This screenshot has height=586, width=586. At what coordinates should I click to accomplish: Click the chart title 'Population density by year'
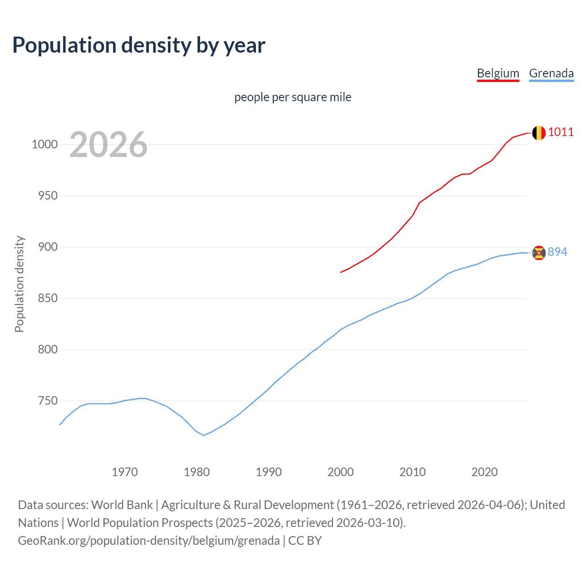coord(139,45)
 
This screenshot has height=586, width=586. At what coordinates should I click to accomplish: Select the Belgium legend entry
coord(498,73)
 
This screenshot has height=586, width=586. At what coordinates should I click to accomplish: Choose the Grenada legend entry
coord(551,73)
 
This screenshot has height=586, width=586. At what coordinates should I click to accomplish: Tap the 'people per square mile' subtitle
coord(293,97)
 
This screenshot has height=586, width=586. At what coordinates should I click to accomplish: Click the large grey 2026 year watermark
coord(109,145)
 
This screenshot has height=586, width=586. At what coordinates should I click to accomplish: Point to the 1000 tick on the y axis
coord(44,145)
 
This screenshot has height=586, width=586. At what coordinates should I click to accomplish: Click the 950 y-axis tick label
coord(47,196)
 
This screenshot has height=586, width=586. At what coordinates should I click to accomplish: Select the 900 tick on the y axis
coord(47,247)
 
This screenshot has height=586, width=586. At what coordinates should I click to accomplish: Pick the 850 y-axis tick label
coord(47,298)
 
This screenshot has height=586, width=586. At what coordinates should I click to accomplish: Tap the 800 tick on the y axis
coord(47,350)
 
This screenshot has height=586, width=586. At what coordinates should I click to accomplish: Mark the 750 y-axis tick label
coord(47,401)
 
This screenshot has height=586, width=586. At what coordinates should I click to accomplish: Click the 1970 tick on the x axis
coord(125,472)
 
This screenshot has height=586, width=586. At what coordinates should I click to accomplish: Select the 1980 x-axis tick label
coord(197,472)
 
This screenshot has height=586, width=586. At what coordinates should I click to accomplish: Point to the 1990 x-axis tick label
coord(269,472)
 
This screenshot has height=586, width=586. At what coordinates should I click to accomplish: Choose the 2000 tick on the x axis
coord(341,472)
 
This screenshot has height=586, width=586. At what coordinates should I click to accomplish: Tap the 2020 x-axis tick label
coord(484,472)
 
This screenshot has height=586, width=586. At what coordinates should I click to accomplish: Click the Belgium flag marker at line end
coord(538,133)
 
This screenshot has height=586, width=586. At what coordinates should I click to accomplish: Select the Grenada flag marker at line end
coord(539,252)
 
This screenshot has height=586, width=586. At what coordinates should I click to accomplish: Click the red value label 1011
coord(561,132)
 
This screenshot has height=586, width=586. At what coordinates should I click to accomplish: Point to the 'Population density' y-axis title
coord(19,284)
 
